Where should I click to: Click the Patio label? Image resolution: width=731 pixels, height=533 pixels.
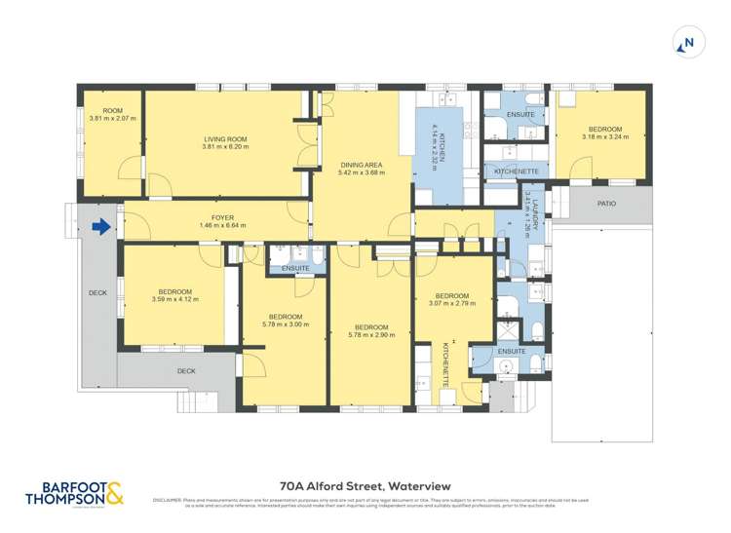(x=607, y=204)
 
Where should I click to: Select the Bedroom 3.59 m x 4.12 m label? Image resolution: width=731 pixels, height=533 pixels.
(x=176, y=291)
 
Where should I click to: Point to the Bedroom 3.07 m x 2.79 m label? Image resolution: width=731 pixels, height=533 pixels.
(x=453, y=296)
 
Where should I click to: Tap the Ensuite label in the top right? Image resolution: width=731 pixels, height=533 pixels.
(x=520, y=115)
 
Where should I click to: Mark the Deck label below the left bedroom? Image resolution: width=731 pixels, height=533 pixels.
(x=186, y=370)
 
